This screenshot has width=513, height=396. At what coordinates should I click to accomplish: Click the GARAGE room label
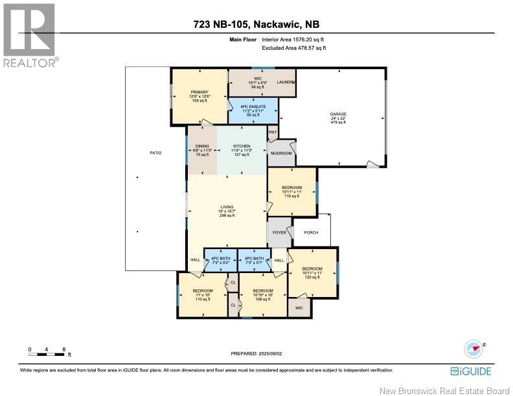click(x=338, y=114)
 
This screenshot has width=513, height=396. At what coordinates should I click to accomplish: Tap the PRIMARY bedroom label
click(x=198, y=92)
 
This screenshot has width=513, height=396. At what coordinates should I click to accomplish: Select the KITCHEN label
click(x=242, y=146)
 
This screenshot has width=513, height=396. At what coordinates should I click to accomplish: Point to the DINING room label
click(x=202, y=146)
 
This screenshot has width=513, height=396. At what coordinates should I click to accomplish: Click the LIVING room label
click(x=225, y=206)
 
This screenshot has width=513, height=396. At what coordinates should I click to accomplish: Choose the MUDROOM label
click(x=281, y=153)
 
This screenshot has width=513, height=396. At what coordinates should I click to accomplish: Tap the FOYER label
click(x=279, y=232)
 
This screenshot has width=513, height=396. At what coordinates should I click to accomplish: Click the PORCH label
click(x=311, y=232)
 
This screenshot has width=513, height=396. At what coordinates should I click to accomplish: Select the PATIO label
click(x=155, y=153)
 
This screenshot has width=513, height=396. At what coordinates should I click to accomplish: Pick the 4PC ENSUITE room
click(x=253, y=106)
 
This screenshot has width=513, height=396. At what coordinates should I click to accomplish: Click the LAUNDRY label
click(x=286, y=83)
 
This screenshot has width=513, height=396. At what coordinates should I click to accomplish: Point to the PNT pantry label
click(x=273, y=132)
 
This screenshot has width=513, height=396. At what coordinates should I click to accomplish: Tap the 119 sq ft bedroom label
click(x=291, y=188)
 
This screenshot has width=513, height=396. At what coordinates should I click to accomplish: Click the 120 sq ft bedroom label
click(x=312, y=268)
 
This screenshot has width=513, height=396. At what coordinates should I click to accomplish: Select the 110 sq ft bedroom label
click(x=203, y=291)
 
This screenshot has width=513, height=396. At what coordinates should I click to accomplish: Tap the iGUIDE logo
click(x=470, y=371)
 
